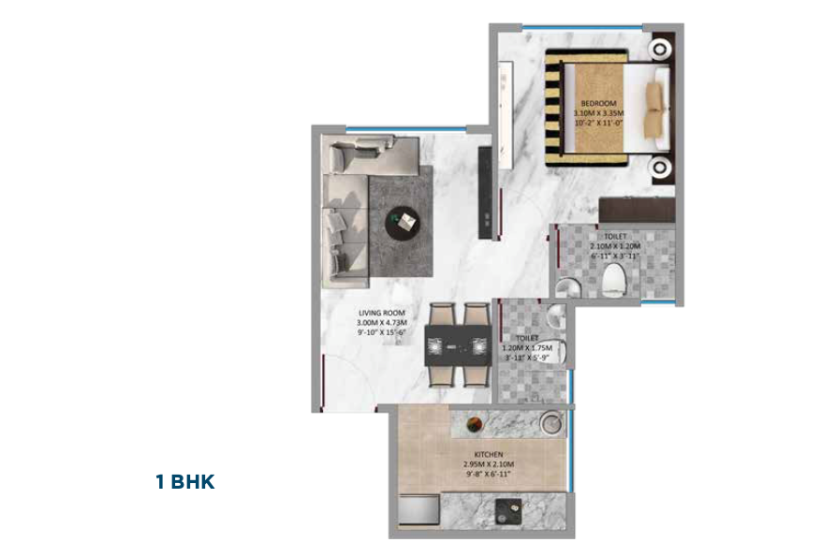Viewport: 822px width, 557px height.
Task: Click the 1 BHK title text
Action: [x=185, y=483]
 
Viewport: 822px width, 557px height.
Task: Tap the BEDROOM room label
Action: [x=597, y=103]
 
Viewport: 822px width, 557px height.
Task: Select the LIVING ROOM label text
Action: [x=380, y=313]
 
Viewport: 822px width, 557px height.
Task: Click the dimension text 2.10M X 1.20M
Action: [x=615, y=246]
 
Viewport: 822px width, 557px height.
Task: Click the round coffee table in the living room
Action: [x=405, y=222]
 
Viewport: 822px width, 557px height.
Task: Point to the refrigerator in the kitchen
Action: [x=418, y=513]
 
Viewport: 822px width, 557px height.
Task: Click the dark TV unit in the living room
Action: [x=484, y=193]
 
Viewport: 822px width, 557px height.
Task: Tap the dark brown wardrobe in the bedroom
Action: [x=637, y=209]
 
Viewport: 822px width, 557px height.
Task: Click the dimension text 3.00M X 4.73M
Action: [x=380, y=323]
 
